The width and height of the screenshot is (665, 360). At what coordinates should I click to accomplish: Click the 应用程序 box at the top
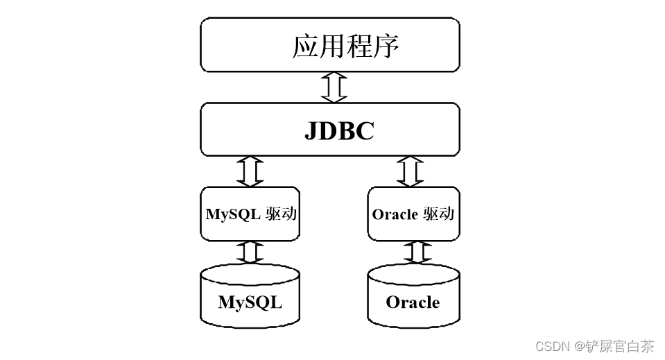pyautogui.click(x=330, y=44)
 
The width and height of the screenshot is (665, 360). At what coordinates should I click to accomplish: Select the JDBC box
pyautogui.click(x=330, y=129)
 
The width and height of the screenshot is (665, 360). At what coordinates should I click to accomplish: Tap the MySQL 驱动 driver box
pyautogui.click(x=251, y=214)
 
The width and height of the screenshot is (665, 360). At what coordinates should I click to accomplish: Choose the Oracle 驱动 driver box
pyautogui.click(x=413, y=214)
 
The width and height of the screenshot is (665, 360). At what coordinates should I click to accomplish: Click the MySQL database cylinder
pyautogui.click(x=250, y=297)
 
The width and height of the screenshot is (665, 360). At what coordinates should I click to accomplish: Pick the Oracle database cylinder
pyautogui.click(x=413, y=297)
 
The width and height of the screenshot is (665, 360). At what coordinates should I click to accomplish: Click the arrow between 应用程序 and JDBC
pyautogui.click(x=334, y=87)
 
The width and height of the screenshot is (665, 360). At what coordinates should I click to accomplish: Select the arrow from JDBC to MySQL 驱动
pyautogui.click(x=250, y=171)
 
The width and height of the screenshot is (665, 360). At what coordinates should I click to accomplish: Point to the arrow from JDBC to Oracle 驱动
pyautogui.click(x=411, y=171)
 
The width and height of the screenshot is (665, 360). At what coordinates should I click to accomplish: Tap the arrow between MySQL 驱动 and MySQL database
pyautogui.click(x=250, y=252)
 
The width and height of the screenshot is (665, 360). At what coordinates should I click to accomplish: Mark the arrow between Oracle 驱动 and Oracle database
pyautogui.click(x=417, y=252)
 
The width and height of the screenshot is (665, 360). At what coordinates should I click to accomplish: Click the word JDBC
pyautogui.click(x=339, y=131)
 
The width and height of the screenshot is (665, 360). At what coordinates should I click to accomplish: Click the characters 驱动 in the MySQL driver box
pyautogui.click(x=282, y=214)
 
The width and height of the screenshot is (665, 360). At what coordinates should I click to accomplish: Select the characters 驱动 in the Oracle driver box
pyautogui.click(x=438, y=214)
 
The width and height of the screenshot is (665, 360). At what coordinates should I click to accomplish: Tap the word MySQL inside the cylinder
pyautogui.click(x=250, y=302)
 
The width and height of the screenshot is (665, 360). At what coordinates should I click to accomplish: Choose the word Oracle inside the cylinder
pyautogui.click(x=413, y=302)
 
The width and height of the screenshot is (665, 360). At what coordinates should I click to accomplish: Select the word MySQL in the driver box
pyautogui.click(x=233, y=214)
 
